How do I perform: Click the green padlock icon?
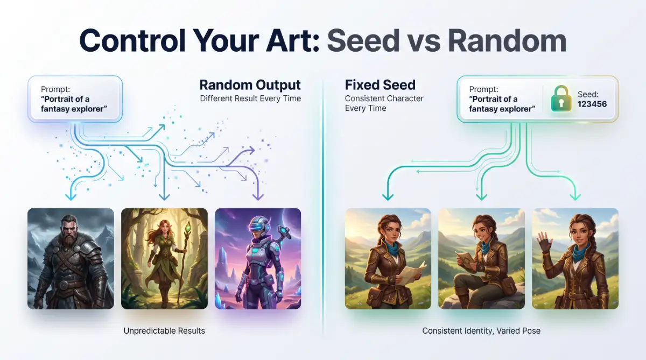point(561,98)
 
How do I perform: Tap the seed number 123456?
point(592,104)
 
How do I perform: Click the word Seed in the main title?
point(363,41)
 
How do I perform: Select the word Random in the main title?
point(507,41)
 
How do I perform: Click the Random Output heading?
point(250,85)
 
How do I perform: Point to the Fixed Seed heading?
point(380,85)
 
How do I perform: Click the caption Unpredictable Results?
point(164,330)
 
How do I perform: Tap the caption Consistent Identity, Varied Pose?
point(481,330)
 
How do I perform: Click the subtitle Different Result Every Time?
point(250,98)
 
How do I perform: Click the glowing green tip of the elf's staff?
point(188,228)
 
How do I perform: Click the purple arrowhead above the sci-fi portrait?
point(258,197)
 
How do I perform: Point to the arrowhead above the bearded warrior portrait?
point(71,197)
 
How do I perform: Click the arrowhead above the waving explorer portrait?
point(575,197)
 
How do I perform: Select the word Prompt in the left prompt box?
point(55,89)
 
